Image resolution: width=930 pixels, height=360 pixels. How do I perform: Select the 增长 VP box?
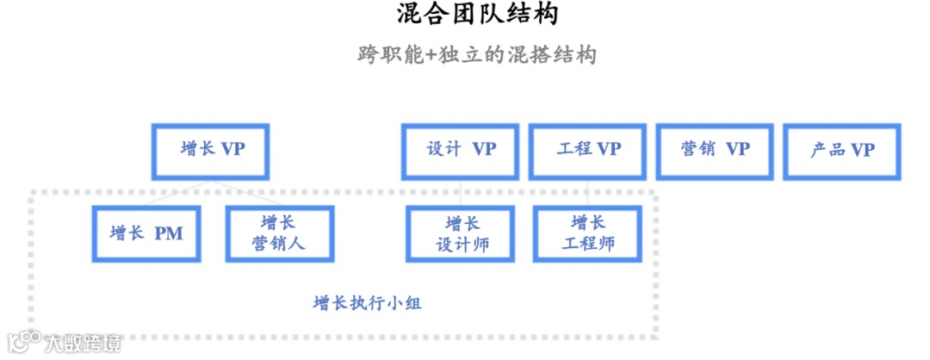click(211, 151)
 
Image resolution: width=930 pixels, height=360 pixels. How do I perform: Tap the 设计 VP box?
click(461, 151)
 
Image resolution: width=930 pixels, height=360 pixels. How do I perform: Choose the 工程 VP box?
click(588, 151)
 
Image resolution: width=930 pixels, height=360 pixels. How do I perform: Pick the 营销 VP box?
click(715, 151)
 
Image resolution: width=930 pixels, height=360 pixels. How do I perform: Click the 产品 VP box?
click(842, 151)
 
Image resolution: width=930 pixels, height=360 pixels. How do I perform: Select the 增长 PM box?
click(146, 233)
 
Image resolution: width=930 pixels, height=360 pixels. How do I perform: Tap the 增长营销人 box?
click(279, 233)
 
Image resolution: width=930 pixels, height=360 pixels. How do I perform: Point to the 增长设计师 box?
click(462, 233)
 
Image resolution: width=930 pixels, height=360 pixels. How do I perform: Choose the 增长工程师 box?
click(588, 233)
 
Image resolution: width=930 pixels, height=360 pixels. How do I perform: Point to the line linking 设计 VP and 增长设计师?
click(462, 193)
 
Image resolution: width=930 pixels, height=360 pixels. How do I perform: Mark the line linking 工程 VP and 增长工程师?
click(588, 193)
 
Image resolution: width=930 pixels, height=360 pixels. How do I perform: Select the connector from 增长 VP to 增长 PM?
click(177, 193)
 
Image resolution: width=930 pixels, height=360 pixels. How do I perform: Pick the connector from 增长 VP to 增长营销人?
click(245, 193)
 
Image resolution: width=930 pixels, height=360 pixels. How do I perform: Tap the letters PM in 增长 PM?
click(169, 233)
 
